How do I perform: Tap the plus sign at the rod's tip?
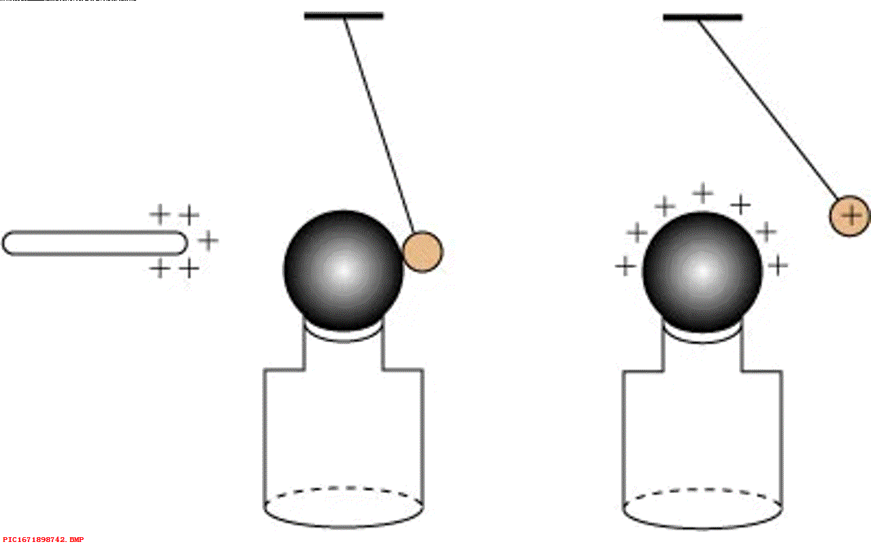click(208, 240)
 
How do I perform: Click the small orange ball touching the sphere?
click(423, 252)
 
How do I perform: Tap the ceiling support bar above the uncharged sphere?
click(344, 16)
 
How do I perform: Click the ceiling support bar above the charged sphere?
click(702, 17)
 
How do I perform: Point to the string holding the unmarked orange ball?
click(378, 122)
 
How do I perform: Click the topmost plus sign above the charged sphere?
click(703, 193)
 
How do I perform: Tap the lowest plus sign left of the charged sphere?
click(625, 266)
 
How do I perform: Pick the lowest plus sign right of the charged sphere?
click(778, 266)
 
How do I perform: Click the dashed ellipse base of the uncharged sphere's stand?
click(344, 507)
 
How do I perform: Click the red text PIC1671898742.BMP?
click(44, 539)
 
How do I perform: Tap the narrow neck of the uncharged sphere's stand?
click(344, 354)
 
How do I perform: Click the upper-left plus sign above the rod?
click(160, 215)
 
